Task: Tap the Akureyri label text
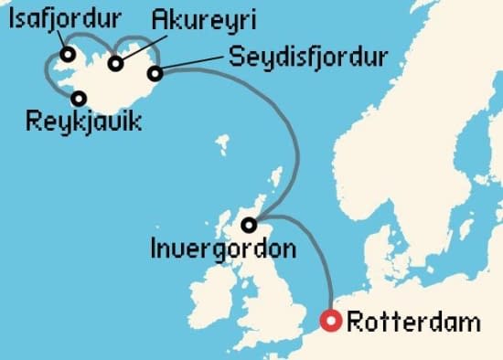click(204, 19)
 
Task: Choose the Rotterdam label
click(414, 322)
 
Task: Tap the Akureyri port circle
click(116, 63)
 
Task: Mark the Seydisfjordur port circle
click(155, 73)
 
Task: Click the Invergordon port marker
click(251, 225)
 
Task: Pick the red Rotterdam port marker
click(331, 321)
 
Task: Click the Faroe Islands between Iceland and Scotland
click(222, 143)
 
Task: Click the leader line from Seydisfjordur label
click(192, 62)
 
